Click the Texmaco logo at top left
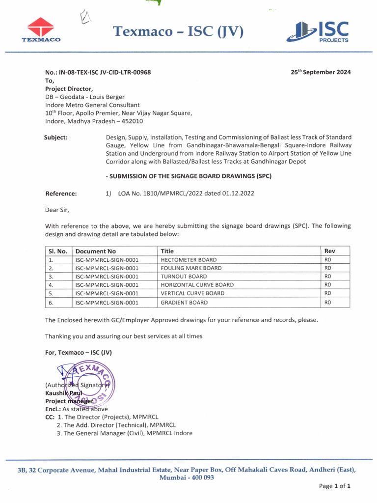[x=41, y=30]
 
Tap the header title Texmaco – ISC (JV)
[x=178, y=32]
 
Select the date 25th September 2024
[x=321, y=72]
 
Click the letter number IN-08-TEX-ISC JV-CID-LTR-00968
[x=98, y=72]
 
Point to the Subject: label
[x=56, y=138]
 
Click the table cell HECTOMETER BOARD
[x=188, y=260]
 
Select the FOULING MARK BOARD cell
[x=191, y=268]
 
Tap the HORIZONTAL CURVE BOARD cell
[x=197, y=285]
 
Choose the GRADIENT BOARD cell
[x=184, y=303]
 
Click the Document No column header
[x=96, y=251]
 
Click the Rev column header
[x=330, y=251]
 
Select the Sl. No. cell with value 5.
[x=51, y=294]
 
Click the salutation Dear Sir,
[x=57, y=210]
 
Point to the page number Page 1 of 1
[x=334, y=486]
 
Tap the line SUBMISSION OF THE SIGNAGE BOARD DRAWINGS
[x=188, y=176]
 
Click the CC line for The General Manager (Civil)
[x=125, y=433]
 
